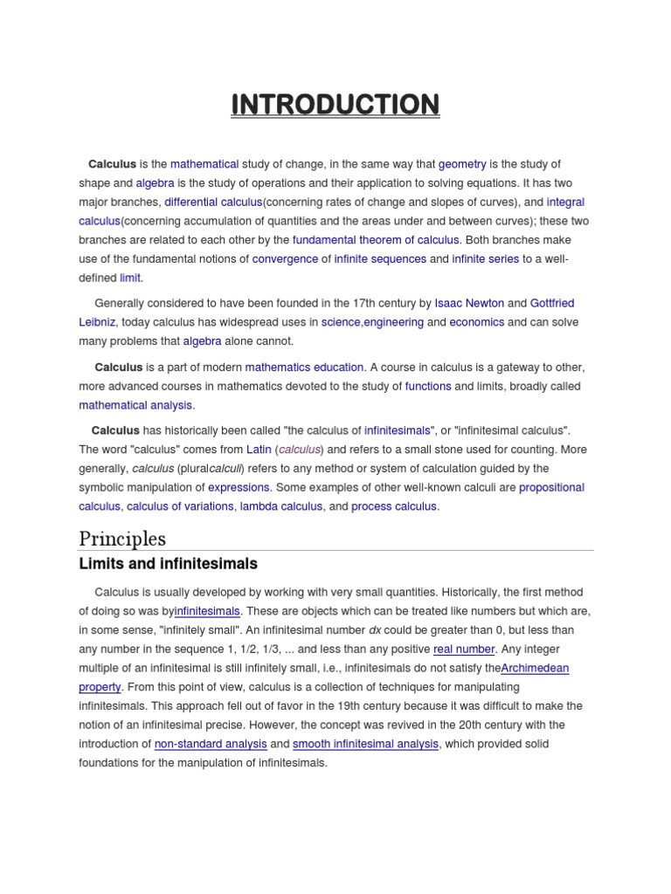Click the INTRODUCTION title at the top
tap(335, 106)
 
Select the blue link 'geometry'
tap(462, 164)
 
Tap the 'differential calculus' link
tap(213, 203)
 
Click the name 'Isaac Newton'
tap(469, 304)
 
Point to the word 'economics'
tap(477, 322)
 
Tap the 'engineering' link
tap(394, 322)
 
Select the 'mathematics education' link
tap(303, 368)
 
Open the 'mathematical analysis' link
tap(135, 405)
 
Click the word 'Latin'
tap(259, 450)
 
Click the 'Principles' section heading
tap(122, 538)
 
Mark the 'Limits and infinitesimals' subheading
tap(168, 564)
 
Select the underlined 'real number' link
tap(464, 650)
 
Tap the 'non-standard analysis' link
tap(211, 744)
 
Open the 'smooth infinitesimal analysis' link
tap(365, 744)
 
